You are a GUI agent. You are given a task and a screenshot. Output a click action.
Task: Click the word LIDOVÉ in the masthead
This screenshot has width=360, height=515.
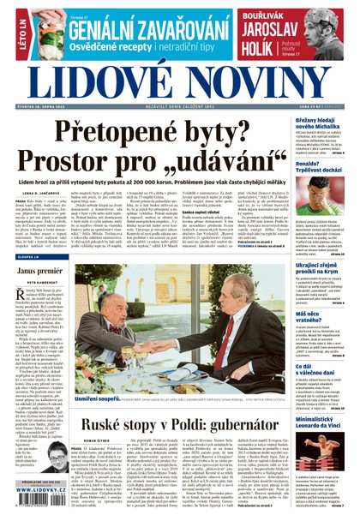[x=93, y=83]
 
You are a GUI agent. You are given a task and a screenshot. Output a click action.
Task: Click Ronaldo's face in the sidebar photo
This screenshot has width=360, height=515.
[x=330, y=191]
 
